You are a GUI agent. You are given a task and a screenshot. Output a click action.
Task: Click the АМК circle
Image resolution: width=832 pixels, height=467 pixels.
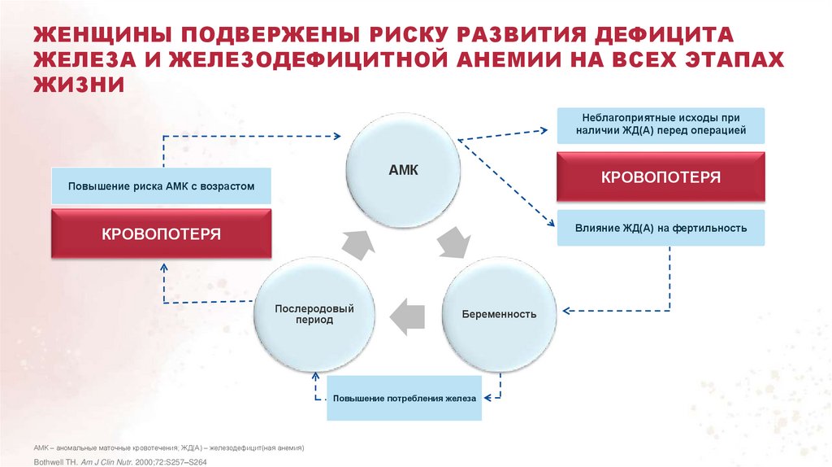coord(404,170)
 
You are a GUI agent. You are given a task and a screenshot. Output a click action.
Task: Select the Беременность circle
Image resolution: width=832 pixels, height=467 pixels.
coord(499,313)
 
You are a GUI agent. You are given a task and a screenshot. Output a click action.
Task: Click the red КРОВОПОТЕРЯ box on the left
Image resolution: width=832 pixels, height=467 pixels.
coord(161,234)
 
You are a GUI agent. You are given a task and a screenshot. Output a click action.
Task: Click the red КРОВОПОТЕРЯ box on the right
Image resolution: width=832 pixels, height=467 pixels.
coord(661,177)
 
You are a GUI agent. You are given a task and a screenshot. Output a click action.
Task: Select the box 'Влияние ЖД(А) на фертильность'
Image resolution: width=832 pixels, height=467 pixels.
coord(661,228)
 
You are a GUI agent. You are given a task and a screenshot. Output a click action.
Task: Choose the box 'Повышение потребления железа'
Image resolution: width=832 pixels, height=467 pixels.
coord(404,399)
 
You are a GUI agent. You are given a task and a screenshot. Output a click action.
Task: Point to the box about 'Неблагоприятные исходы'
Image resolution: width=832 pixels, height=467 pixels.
coord(661,123)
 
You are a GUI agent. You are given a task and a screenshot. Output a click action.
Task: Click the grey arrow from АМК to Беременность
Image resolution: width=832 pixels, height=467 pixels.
coord(452,242)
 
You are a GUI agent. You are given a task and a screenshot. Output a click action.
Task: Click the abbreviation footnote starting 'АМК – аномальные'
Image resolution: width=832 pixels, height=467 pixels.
coord(169,447)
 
